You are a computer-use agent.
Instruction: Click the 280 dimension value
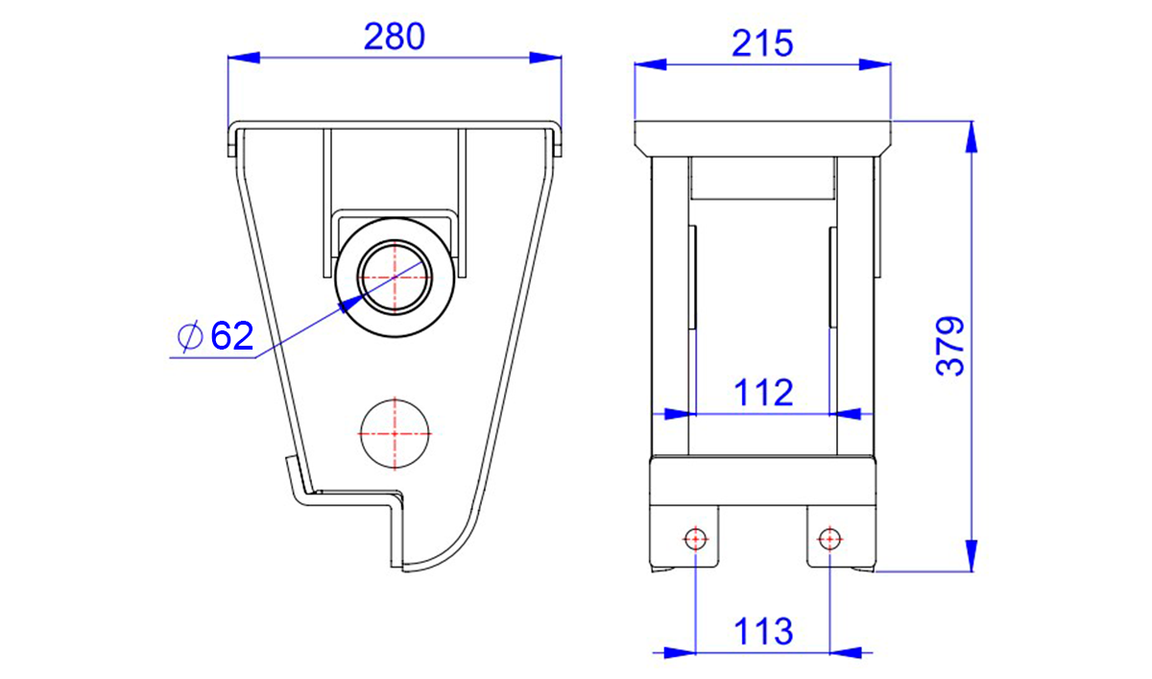click(395, 36)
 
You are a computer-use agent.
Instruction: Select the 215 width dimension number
click(762, 43)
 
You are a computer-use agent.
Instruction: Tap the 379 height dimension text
click(949, 346)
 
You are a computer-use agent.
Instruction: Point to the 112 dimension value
click(763, 393)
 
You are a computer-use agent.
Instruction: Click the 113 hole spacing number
click(763, 631)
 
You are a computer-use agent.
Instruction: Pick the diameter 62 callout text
click(215, 335)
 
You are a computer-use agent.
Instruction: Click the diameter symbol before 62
click(189, 336)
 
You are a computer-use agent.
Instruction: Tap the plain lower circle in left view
click(395, 434)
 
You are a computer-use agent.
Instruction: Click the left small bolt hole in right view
click(695, 539)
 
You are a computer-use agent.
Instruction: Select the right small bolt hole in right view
click(829, 539)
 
